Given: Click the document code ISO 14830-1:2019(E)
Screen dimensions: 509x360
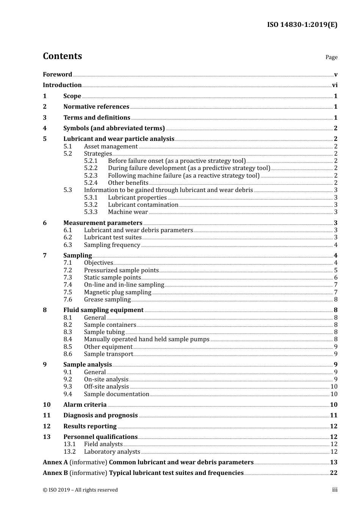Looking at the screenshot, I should (x=302, y=25).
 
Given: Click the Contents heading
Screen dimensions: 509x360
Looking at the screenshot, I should (x=62, y=56).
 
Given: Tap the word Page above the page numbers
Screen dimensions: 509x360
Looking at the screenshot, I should (x=331, y=57).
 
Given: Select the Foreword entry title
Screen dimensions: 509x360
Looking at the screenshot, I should (x=57, y=75).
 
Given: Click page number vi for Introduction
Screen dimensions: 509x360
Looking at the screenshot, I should (x=335, y=85).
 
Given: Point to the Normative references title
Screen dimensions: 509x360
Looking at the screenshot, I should (x=96, y=107).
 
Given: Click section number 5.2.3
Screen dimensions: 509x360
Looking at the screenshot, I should (x=91, y=176).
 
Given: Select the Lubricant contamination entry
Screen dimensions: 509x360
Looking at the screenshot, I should (x=143, y=205).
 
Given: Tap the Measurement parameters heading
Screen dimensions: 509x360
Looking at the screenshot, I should (x=103, y=223).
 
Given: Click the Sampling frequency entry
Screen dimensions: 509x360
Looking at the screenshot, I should (x=112, y=245).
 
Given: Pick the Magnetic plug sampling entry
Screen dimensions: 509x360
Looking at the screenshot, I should (x=117, y=292).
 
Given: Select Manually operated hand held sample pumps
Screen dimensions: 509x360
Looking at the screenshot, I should (x=147, y=339).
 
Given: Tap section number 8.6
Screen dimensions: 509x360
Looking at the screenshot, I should (x=67, y=354).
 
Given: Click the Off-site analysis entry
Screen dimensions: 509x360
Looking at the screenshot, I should (x=106, y=387).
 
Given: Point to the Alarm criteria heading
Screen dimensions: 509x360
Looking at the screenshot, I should (x=85, y=405).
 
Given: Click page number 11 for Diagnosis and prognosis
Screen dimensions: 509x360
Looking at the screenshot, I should (x=333, y=415).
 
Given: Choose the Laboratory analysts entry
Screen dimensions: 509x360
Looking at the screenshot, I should (x=112, y=452).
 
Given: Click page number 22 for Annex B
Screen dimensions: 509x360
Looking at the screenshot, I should (x=333, y=473).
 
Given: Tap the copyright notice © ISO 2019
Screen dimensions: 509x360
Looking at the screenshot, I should (x=80, y=490).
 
